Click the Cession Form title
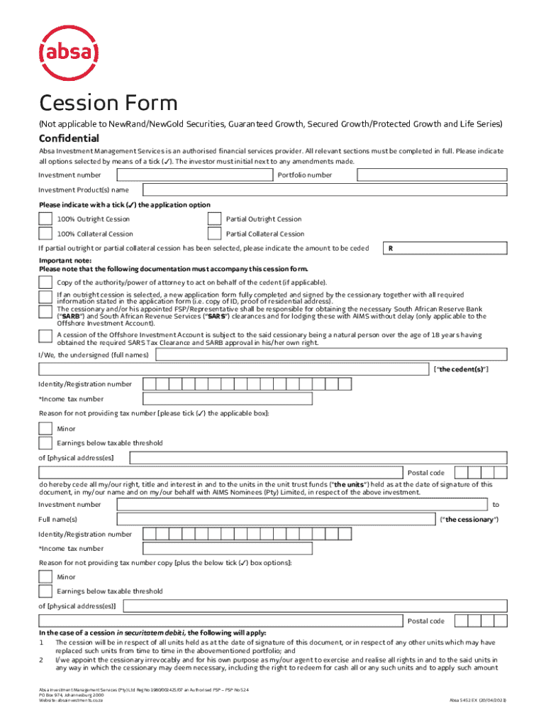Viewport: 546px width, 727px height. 108,104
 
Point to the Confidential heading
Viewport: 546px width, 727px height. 69,138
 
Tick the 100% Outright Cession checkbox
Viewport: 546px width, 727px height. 45,219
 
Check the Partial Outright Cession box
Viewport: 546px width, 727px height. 214,219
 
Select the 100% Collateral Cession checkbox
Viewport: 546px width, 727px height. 45,234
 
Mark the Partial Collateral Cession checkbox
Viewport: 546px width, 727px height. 214,234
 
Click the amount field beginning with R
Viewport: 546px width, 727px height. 445,248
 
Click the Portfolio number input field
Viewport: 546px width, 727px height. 421,175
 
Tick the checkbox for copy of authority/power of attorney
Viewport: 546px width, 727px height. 45,282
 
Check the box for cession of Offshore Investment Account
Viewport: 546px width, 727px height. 45,337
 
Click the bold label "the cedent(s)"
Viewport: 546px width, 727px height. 460,370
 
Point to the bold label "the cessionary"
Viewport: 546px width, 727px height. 469,520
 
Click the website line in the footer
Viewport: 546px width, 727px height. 72,700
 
